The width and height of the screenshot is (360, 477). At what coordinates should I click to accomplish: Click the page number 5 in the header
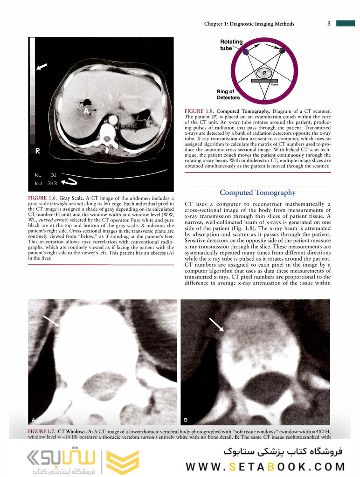[329, 24]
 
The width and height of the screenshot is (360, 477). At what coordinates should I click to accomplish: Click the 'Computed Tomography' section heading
[257, 193]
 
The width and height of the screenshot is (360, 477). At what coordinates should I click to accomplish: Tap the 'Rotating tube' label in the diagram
[231, 45]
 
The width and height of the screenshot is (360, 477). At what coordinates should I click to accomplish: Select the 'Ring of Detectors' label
[228, 95]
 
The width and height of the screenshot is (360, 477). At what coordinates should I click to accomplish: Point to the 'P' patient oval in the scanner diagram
[264, 73]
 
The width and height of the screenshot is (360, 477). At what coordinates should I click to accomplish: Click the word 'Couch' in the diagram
[275, 84]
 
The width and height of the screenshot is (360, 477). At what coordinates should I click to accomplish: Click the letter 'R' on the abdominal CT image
[38, 151]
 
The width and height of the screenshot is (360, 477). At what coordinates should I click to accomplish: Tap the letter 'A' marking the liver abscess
[86, 112]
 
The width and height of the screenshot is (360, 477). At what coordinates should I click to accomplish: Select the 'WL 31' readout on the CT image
[45, 174]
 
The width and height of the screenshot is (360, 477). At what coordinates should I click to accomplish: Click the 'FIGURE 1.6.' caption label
[43, 198]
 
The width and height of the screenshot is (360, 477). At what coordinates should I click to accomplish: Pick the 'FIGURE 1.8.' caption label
[199, 111]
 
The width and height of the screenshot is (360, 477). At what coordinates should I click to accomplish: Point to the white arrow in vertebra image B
[216, 325]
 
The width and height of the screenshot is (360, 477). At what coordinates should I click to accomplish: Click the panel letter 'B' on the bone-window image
[186, 420]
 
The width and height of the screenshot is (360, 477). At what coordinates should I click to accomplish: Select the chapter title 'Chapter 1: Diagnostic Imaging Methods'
[249, 24]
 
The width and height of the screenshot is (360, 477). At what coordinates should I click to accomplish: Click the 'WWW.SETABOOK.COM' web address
[265, 467]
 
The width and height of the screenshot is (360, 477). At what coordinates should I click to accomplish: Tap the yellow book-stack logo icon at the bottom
[123, 461]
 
